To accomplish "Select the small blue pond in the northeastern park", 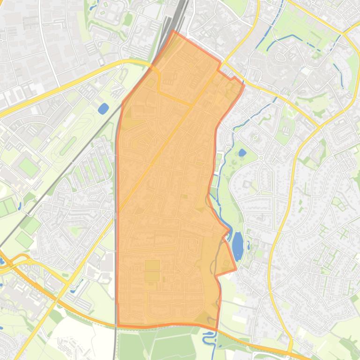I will [242, 152].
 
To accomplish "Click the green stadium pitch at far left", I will [29, 155].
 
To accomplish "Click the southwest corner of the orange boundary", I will [118, 324].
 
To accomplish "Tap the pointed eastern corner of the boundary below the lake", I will [235, 269].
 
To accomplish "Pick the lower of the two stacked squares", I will [152, 276].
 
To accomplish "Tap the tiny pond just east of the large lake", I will [248, 243].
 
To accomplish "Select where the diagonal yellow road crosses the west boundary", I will [117, 212].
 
